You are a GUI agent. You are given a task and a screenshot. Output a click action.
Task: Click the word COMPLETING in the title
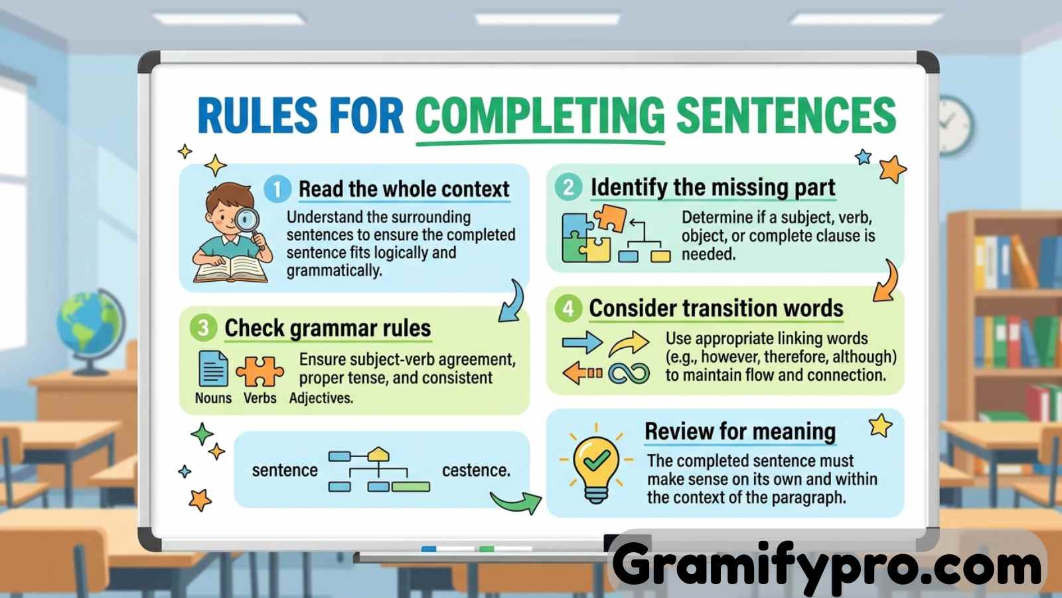tap(540, 116)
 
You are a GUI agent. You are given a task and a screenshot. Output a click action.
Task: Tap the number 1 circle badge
tap(277, 189)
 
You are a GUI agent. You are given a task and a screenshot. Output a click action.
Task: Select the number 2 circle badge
tap(568, 187)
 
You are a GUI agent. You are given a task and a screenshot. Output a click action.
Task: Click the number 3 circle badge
tap(203, 328)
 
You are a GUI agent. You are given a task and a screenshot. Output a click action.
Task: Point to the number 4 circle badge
tap(568, 308)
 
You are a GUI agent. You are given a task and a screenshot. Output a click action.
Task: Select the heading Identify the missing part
tap(713, 188)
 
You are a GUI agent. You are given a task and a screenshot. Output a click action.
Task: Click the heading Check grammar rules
tap(328, 328)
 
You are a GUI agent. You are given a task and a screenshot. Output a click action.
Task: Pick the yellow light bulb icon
tap(596, 467)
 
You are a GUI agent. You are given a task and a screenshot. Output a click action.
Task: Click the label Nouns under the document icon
tap(213, 398)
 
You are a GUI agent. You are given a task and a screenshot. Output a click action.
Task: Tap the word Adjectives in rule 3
tap(321, 398)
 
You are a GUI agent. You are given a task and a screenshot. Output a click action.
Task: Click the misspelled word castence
tap(477, 470)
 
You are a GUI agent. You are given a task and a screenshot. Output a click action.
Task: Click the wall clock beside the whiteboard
tap(954, 126)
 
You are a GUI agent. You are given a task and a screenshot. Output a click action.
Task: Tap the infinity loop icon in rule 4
tap(629, 374)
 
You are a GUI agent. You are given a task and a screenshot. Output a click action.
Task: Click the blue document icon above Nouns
tap(213, 369)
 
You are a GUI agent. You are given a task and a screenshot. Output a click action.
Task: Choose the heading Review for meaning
tap(740, 431)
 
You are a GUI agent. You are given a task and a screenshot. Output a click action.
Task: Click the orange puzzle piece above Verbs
tap(260, 371)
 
